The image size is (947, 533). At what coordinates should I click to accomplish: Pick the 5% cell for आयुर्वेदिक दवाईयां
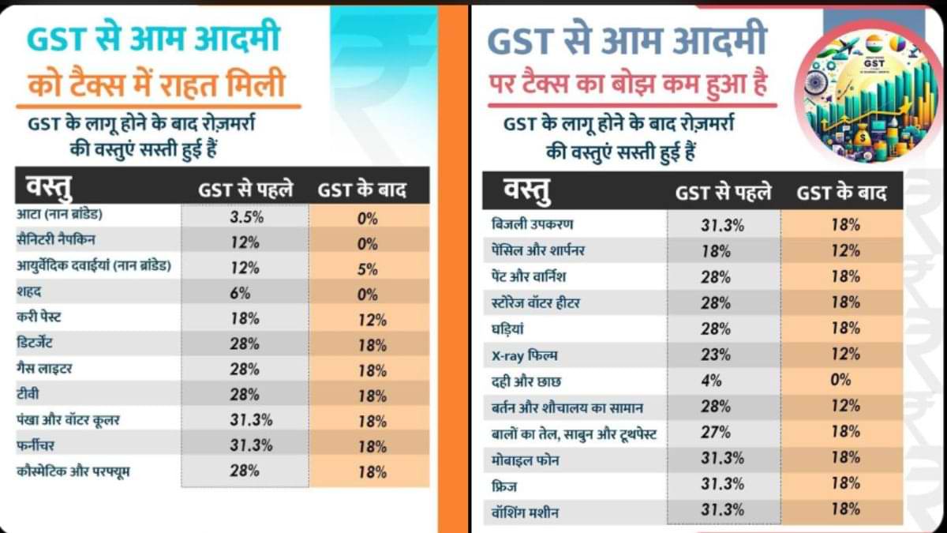[x=368, y=268]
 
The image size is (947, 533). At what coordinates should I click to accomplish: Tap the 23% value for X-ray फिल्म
[x=712, y=354]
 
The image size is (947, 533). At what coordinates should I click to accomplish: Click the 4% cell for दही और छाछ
[x=712, y=380]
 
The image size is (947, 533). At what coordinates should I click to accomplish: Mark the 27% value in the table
[x=712, y=432]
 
